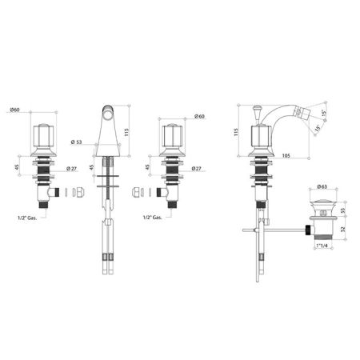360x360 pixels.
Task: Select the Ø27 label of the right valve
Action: tap(197, 169)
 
